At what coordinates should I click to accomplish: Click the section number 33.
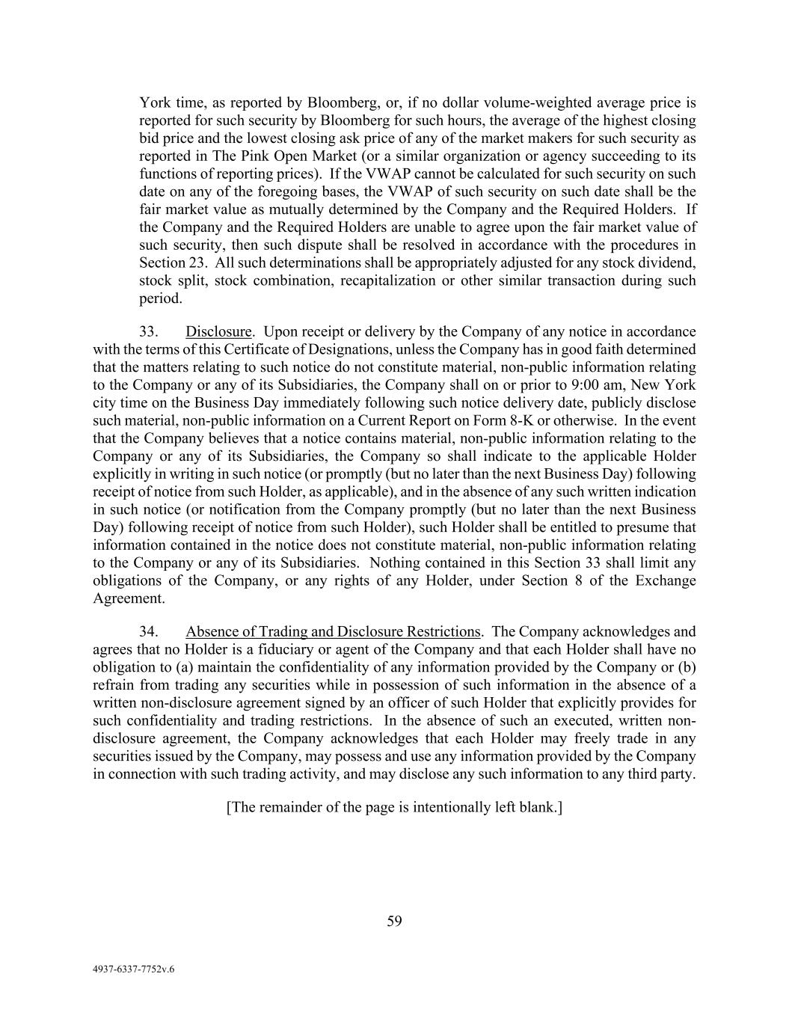click(x=148, y=332)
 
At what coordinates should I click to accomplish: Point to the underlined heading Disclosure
click(x=218, y=332)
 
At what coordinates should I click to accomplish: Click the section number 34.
click(x=148, y=632)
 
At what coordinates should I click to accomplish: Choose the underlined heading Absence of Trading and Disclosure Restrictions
click(x=333, y=632)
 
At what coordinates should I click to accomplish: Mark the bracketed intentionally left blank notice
click(x=394, y=809)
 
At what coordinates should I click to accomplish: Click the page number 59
click(x=394, y=922)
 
